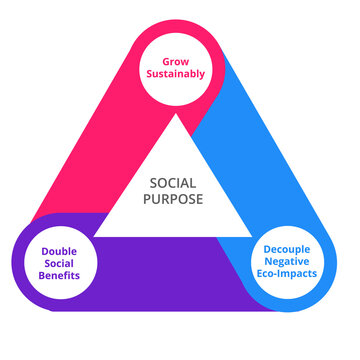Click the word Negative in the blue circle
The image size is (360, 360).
coord(294,258)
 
